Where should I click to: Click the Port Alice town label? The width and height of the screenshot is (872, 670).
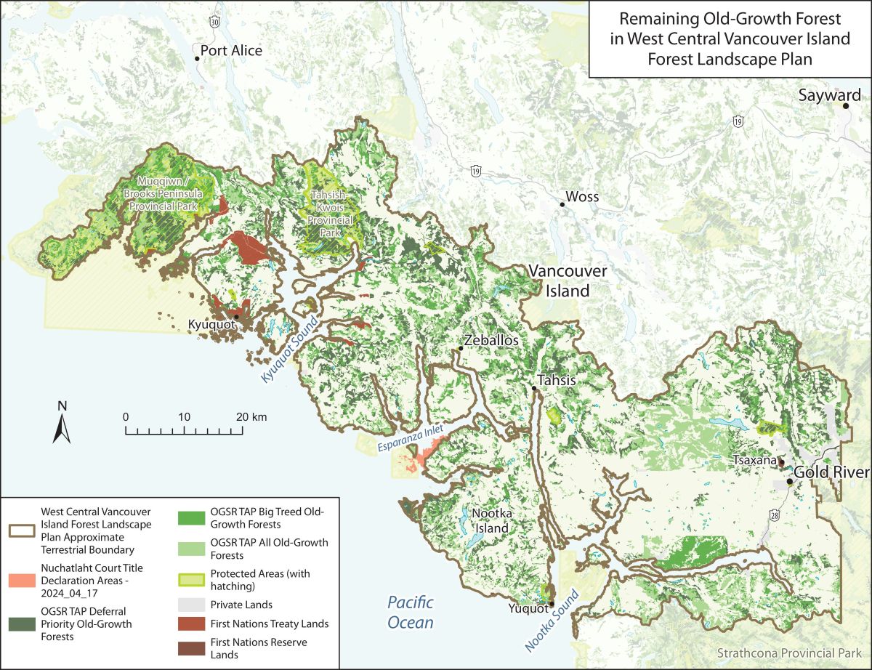tap(231, 51)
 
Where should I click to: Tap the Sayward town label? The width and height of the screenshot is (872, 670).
tap(829, 95)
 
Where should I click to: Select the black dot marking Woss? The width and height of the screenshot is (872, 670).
tap(562, 204)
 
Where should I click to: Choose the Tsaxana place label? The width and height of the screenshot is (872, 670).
tap(754, 461)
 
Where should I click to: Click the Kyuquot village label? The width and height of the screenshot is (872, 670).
tap(211, 324)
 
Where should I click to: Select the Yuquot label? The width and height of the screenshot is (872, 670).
tap(529, 603)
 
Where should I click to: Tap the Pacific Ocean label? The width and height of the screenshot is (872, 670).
tap(411, 612)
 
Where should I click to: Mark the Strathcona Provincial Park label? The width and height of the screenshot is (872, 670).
tap(791, 653)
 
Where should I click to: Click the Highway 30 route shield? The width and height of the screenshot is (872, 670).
tap(214, 23)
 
